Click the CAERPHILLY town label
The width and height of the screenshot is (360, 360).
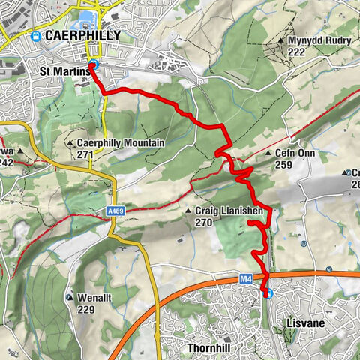click(79, 36)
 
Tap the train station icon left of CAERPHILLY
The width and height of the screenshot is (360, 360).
click(35, 36)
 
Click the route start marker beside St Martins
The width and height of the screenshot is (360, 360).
click(92, 64)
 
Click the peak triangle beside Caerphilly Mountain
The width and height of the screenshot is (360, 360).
click(70, 142)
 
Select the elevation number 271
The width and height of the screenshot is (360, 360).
click(85, 154)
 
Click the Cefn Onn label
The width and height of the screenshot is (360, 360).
click(295, 153)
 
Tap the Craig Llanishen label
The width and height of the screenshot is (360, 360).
click(229, 211)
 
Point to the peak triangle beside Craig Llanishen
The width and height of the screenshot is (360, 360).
click(187, 212)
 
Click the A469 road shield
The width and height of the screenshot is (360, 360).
click(115, 211)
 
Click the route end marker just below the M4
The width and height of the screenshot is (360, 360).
click(266, 293)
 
